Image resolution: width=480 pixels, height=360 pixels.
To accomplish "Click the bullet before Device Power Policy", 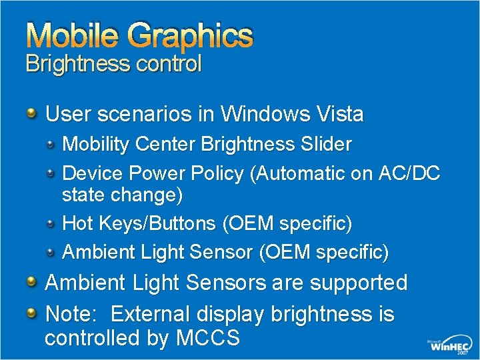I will pyautogui.click(x=51, y=173).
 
